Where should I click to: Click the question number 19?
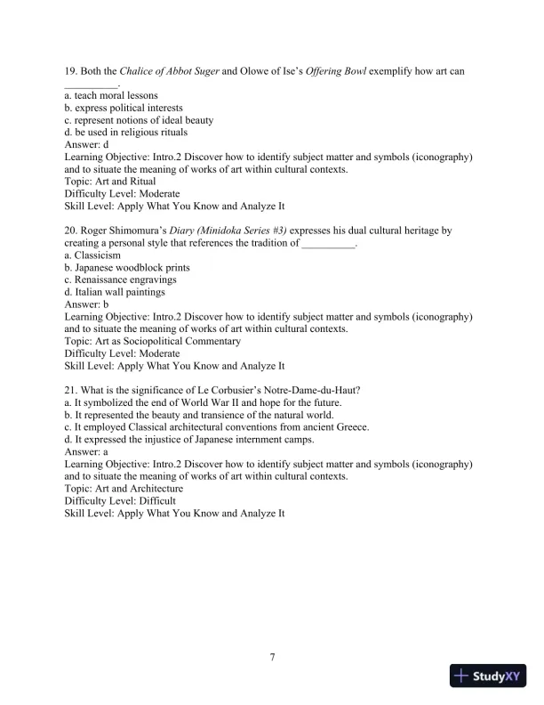coord(72,70)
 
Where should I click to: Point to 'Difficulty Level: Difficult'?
coord(120,501)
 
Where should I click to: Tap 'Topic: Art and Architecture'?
coord(124,489)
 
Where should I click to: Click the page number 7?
coord(272,658)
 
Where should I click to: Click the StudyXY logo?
coord(488,676)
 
